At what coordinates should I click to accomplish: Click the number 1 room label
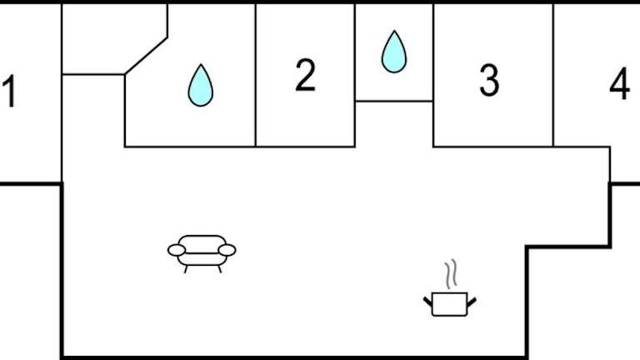point(9,92)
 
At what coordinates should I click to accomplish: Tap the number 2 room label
point(306,76)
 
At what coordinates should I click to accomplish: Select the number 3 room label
point(489,80)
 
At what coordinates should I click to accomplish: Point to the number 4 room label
point(619,84)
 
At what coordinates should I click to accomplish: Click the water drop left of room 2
point(200,85)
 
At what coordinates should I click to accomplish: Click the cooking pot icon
point(450,302)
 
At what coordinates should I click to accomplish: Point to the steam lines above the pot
point(451,272)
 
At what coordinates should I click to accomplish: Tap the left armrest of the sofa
point(177,249)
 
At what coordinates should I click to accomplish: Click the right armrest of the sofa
point(227,249)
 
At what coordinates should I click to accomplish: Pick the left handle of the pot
point(428,298)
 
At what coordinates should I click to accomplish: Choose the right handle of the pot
point(472,298)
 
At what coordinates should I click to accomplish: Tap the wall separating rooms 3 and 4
point(553,75)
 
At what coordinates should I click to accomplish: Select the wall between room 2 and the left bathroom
point(255,75)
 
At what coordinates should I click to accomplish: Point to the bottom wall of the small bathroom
point(394,102)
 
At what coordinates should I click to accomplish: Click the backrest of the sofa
point(202,239)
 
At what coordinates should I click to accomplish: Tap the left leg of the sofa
point(185,267)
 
